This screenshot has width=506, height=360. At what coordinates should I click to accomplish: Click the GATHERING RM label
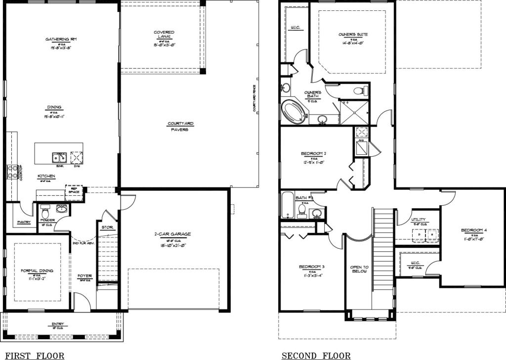61,39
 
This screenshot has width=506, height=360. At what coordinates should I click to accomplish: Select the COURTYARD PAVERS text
180,126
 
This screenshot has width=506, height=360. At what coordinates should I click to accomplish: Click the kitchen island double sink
59,158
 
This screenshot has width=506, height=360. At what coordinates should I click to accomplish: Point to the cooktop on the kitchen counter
12,172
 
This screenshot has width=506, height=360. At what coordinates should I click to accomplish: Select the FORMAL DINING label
37,271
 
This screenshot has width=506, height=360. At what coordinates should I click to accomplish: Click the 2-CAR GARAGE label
172,234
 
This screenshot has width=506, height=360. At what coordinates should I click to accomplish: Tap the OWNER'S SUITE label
353,34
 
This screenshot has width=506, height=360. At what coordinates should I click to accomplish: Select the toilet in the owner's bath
361,90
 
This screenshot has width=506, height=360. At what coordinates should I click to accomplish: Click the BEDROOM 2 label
313,154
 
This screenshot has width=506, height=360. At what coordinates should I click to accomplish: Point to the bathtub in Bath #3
288,206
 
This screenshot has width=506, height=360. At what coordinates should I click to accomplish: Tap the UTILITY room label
418,219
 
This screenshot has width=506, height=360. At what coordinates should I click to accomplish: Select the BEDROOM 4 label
473,230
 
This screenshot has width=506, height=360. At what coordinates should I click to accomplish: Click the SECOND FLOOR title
316,356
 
